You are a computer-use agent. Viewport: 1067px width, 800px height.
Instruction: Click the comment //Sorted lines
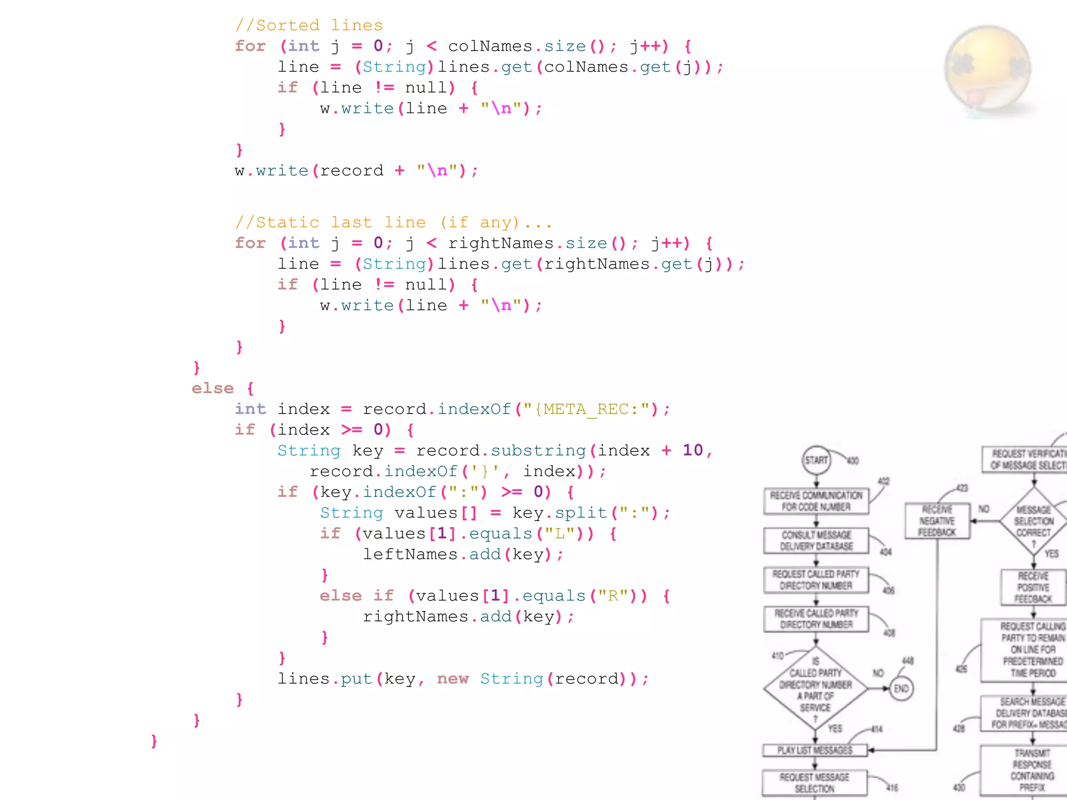click(309, 25)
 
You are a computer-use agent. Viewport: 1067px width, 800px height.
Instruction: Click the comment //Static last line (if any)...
click(393, 222)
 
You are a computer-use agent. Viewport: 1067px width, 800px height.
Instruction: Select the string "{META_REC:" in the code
click(587, 409)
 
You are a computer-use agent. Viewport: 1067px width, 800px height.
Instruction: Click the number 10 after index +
click(692, 450)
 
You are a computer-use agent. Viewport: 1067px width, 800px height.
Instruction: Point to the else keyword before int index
click(213, 388)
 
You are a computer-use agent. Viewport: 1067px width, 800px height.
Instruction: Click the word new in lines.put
click(452, 679)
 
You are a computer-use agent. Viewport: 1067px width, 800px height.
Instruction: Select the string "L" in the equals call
click(563, 533)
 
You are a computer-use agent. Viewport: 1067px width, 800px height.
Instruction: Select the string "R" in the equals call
click(615, 595)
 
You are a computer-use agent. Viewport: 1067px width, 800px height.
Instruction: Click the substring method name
click(538, 450)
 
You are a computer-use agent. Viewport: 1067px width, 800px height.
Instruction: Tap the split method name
click(580, 512)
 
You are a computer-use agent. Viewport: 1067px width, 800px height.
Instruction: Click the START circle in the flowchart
click(816, 460)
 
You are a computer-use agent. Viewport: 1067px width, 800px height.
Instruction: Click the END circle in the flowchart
click(901, 689)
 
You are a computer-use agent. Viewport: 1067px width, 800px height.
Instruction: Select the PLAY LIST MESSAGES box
click(815, 750)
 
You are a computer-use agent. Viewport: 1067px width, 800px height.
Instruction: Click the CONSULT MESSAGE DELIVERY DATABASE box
click(816, 541)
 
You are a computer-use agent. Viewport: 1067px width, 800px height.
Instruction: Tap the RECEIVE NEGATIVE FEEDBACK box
click(937, 521)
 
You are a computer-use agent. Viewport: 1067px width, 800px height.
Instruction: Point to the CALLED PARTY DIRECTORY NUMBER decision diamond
click(815, 689)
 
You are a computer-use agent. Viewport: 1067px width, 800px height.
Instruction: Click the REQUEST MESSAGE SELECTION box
click(814, 782)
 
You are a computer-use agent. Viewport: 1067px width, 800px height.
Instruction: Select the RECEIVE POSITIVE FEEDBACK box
click(1033, 587)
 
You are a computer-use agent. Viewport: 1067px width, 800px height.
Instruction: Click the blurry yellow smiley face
click(987, 68)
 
